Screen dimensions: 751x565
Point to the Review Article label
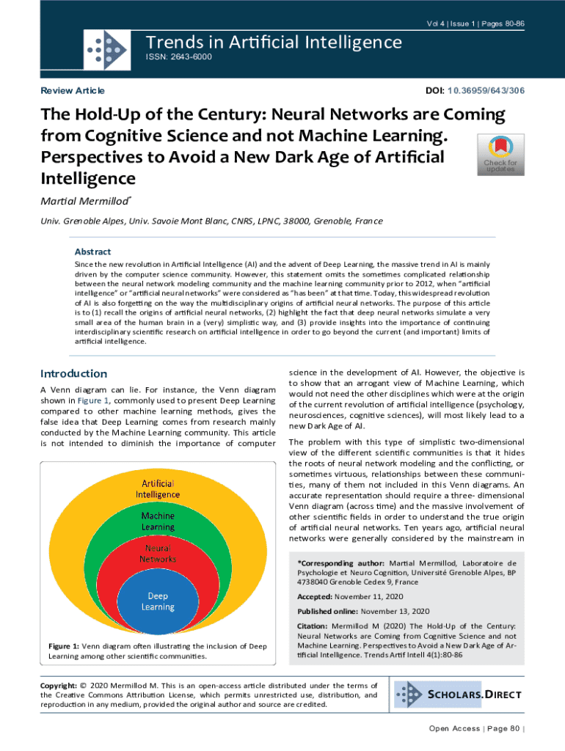[x=73, y=91]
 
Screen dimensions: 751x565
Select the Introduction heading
[x=73, y=373]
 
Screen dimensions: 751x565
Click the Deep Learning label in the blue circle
[x=158, y=601]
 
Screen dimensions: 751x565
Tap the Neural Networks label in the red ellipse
[x=158, y=553]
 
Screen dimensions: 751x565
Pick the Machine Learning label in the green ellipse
[x=158, y=521]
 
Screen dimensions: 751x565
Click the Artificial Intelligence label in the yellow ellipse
[x=158, y=488]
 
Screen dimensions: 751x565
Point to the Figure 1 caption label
[x=68, y=645]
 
